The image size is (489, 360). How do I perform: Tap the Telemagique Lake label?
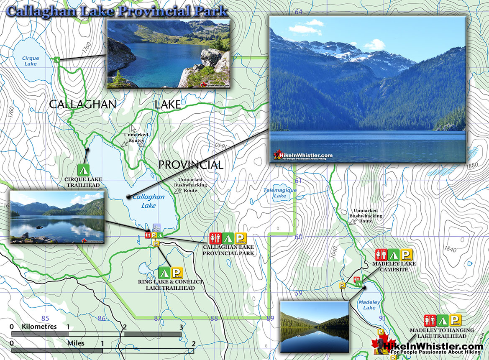[x=280, y=193]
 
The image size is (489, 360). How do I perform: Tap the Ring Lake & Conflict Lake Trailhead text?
[x=170, y=285]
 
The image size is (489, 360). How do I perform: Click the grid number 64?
[x=298, y=12]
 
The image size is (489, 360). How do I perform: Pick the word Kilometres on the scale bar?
[x=39, y=327]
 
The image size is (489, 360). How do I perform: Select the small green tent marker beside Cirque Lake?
[x=57, y=60]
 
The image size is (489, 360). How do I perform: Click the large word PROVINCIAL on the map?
[x=190, y=165]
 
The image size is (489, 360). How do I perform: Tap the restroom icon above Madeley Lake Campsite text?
[x=381, y=255]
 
